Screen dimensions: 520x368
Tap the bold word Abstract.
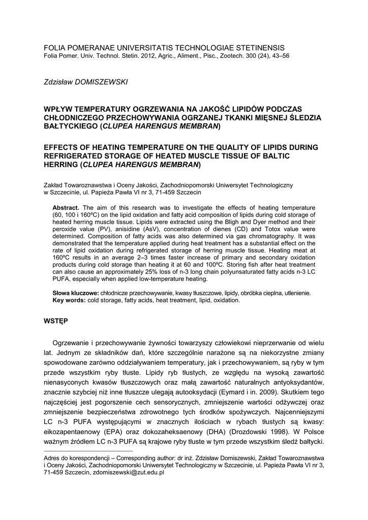66,208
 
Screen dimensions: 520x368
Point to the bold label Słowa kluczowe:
76,294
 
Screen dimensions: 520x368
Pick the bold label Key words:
69,301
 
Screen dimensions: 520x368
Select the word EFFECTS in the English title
63,147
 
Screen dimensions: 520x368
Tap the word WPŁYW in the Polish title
57,109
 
